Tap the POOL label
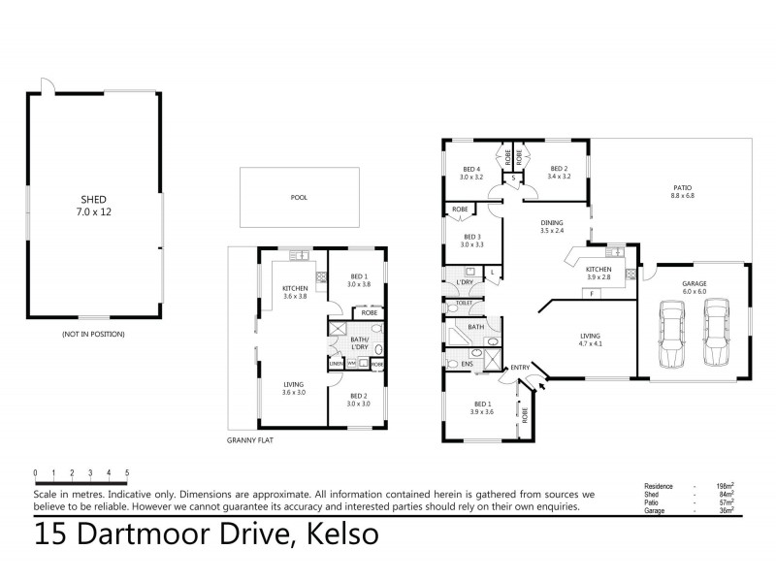[x=299, y=197]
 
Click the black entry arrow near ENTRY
[x=541, y=385]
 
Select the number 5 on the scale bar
[x=127, y=473]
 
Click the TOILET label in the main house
[x=463, y=304]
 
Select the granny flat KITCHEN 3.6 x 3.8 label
[x=295, y=292]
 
